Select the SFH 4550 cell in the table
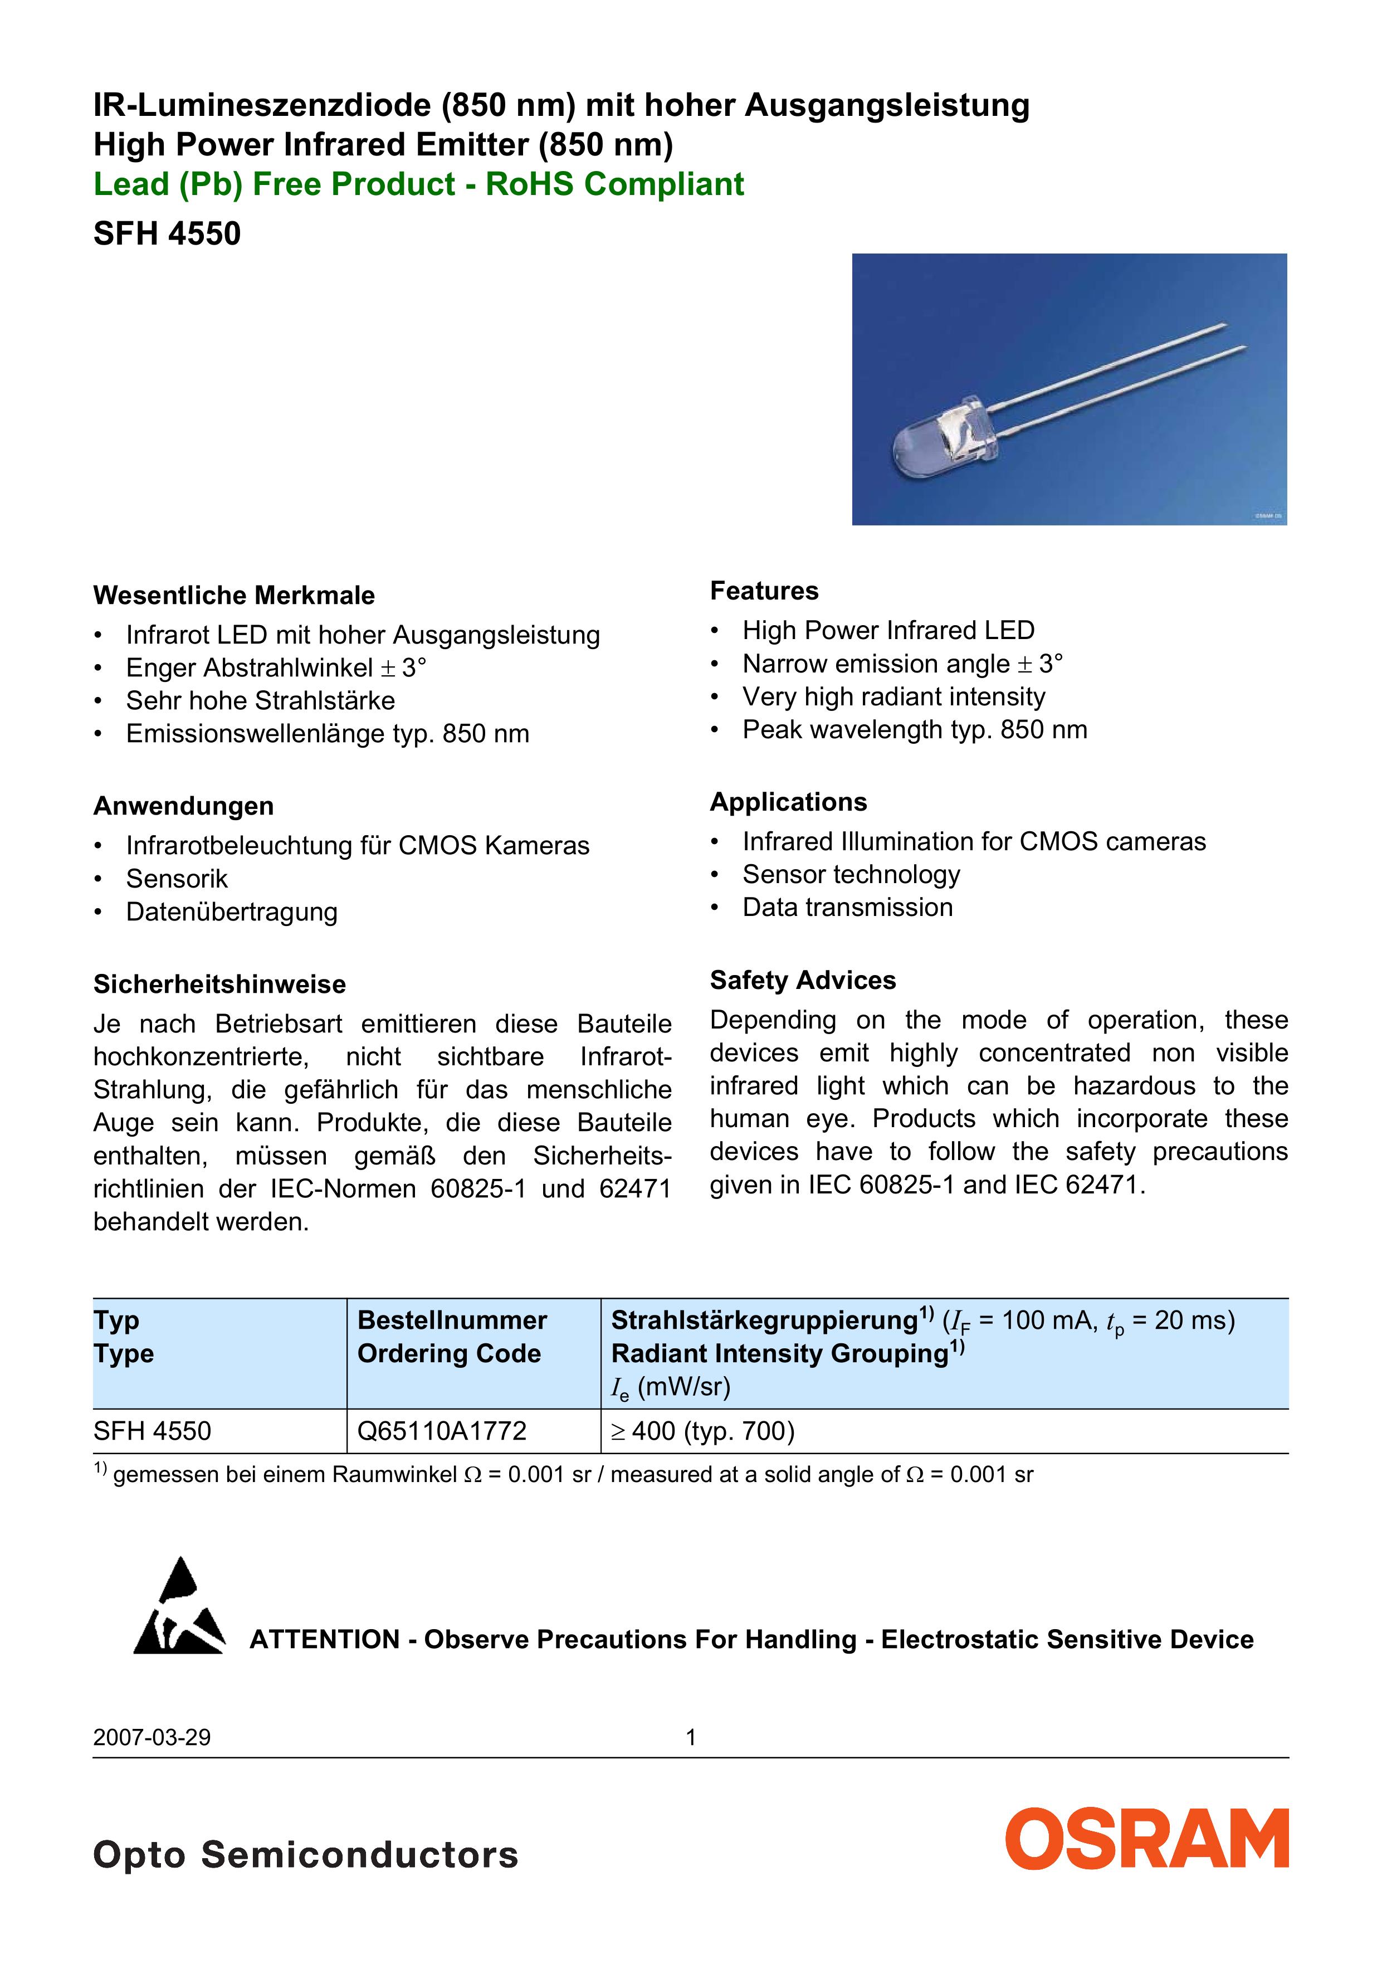152,1431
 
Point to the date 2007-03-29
152,1737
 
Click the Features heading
764,591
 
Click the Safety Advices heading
802,980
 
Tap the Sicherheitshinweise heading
219,985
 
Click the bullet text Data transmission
847,908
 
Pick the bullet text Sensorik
177,879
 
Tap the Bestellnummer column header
452,1320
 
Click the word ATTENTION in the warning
324,1640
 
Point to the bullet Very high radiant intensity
893,697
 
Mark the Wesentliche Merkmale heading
233,596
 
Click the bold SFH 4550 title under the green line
167,233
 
